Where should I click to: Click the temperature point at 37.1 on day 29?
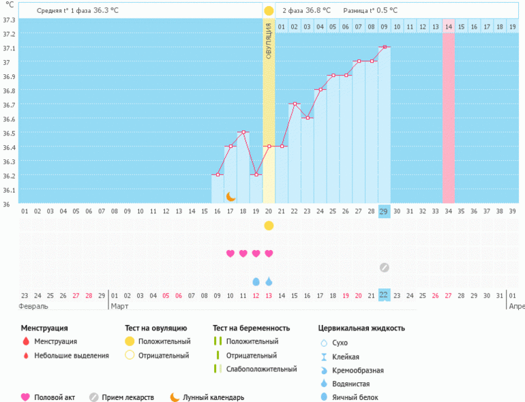(385, 46)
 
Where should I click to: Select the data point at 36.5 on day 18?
(243, 132)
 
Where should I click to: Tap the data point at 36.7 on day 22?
(295, 104)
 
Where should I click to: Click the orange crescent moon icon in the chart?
(231, 196)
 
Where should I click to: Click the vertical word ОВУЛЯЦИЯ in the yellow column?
(269, 40)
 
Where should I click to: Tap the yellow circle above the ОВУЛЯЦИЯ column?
(269, 11)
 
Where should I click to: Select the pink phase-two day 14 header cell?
(449, 27)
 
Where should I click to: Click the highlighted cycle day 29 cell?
(385, 211)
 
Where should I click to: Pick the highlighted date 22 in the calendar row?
(384, 295)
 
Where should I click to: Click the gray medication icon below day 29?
(385, 267)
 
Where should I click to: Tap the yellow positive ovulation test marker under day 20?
(269, 226)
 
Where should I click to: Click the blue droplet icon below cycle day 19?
(256, 281)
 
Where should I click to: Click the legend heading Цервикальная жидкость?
(361, 328)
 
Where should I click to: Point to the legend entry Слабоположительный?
(261, 369)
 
